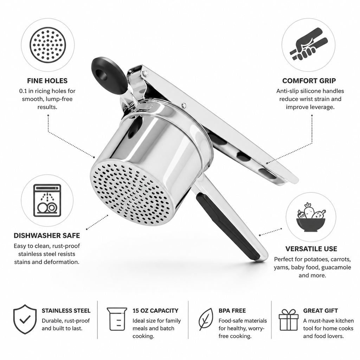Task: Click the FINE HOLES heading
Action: [x=47, y=81]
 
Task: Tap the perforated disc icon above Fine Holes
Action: [x=48, y=45]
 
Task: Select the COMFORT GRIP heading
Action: [x=309, y=81]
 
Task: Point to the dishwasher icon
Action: [x=47, y=200]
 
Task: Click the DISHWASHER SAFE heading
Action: [x=47, y=236]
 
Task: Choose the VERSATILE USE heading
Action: [x=311, y=249]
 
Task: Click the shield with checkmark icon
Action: [x=25, y=319]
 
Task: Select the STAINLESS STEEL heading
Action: [x=66, y=311]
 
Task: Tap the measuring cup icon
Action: [x=117, y=319]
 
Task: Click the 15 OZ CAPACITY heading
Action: [x=155, y=311]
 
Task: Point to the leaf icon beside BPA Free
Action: [x=206, y=319]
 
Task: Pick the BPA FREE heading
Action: [x=232, y=311]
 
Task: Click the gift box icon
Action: [x=289, y=320]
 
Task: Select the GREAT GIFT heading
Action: [x=321, y=311]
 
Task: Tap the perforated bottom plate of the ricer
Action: [x=130, y=192]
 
